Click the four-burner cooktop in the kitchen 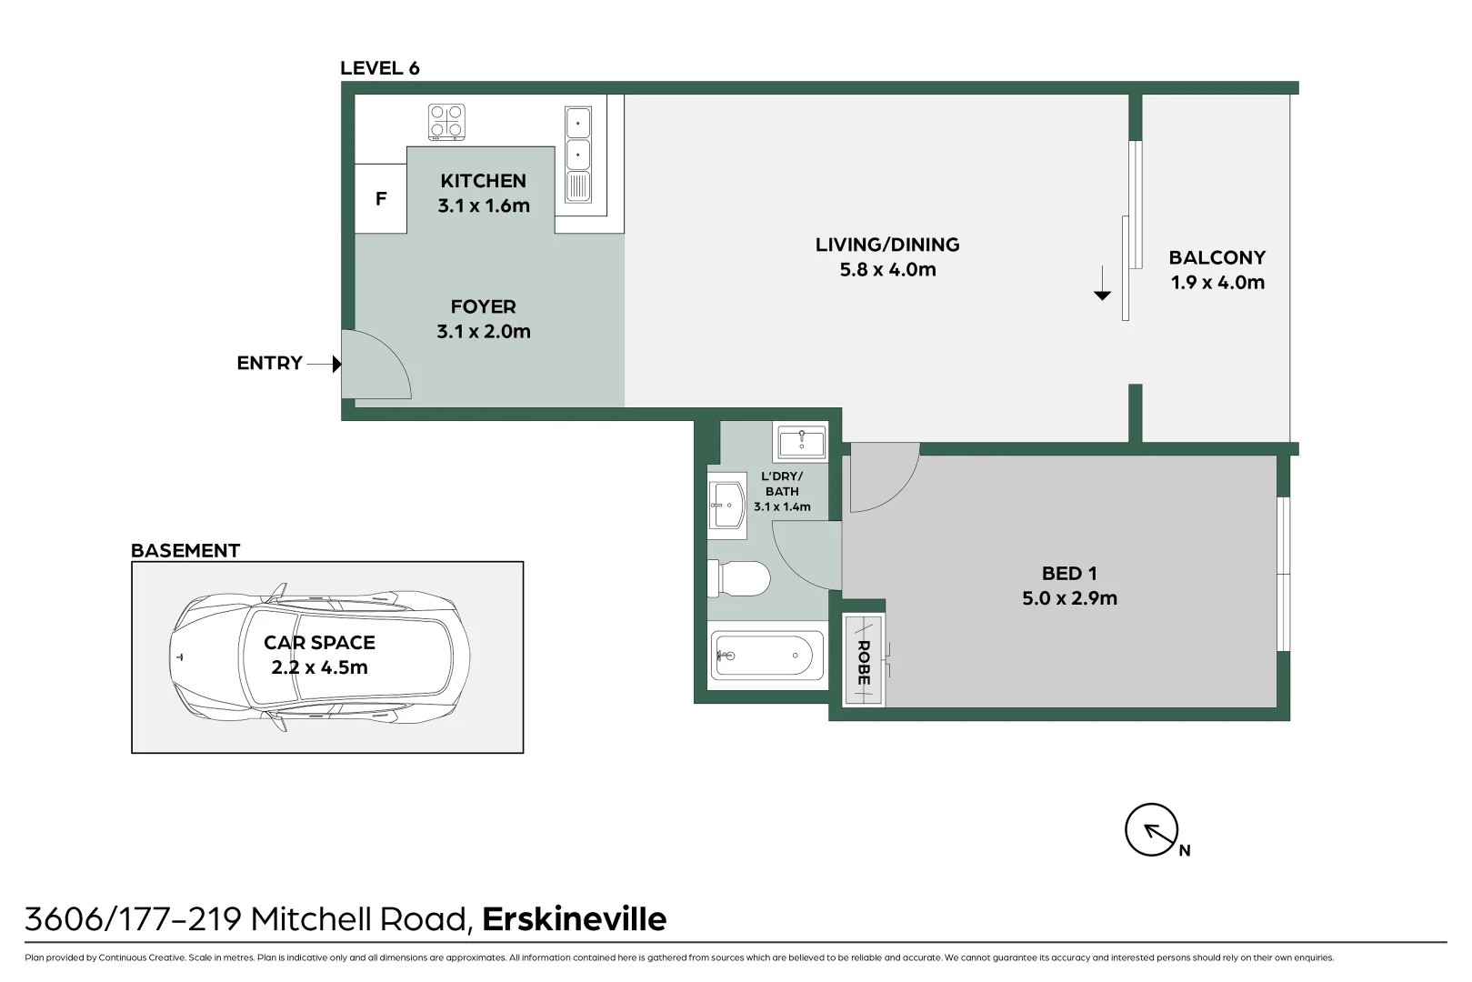pyautogui.click(x=446, y=122)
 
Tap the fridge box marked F pyautogui.click(x=380, y=198)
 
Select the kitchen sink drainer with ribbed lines pyautogui.click(x=578, y=187)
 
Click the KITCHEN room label pyautogui.click(x=483, y=181)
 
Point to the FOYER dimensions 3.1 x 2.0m pyautogui.click(x=483, y=332)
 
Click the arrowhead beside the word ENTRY pyautogui.click(x=336, y=364)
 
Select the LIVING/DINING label pyautogui.click(x=886, y=245)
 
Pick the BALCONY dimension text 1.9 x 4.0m pyautogui.click(x=1217, y=283)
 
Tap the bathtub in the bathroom pyautogui.click(x=766, y=655)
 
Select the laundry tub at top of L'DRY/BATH pyautogui.click(x=801, y=443)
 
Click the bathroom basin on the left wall pyautogui.click(x=726, y=505)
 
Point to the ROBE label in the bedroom pyautogui.click(x=863, y=662)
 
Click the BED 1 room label pyautogui.click(x=1068, y=574)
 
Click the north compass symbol pyautogui.click(x=1151, y=830)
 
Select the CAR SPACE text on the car pyautogui.click(x=319, y=643)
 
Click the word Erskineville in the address pyautogui.click(x=574, y=919)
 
